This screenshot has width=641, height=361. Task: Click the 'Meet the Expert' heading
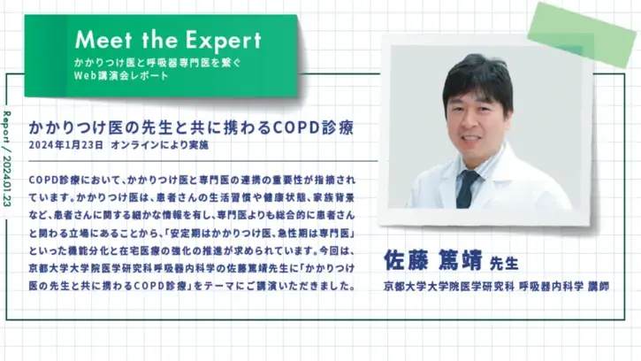pos(168,40)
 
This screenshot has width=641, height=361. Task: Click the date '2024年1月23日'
pos(67,144)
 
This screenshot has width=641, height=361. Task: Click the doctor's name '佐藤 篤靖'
pos(433,260)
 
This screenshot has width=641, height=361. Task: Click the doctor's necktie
pos(467,188)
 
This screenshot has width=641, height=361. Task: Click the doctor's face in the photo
pos(477,119)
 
